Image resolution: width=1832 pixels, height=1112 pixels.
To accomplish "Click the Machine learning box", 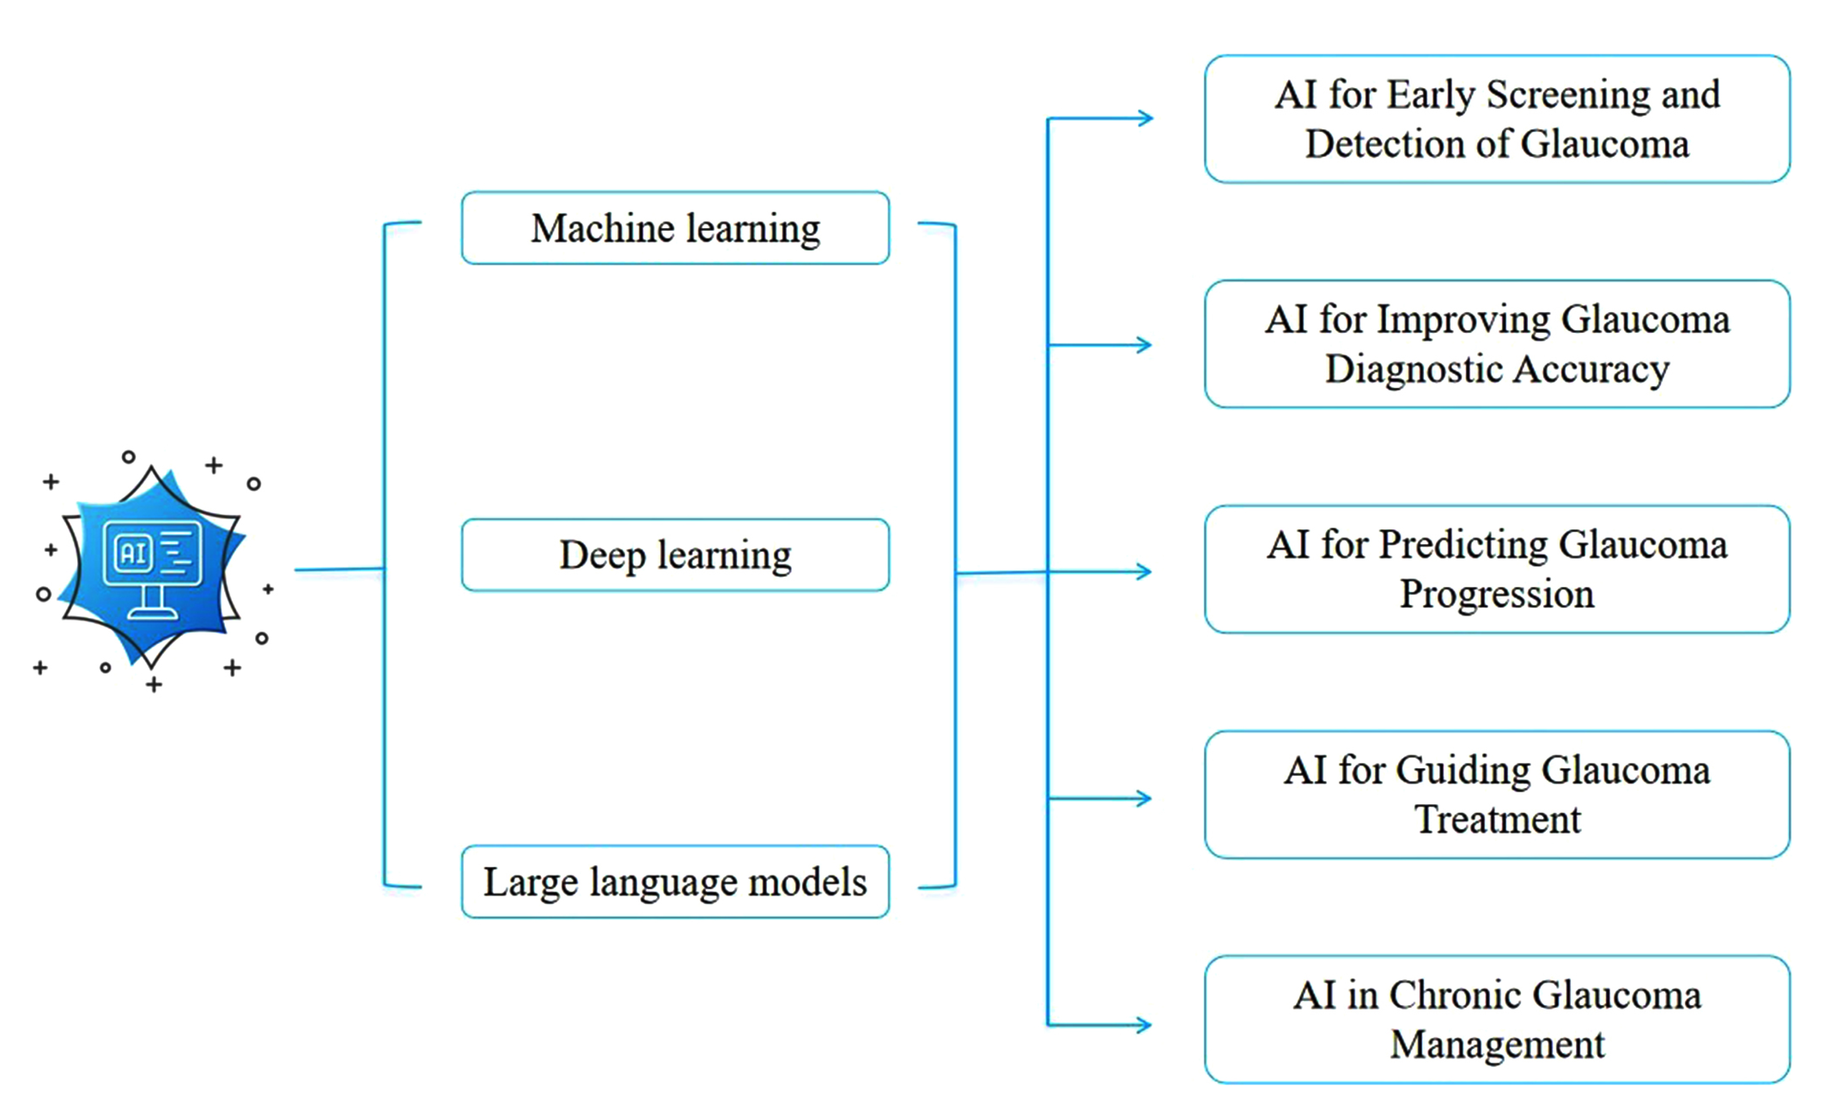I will [x=675, y=228].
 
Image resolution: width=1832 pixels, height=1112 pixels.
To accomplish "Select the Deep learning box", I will [x=675, y=555].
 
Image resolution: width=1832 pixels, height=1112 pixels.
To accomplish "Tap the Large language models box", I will [x=675, y=882].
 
